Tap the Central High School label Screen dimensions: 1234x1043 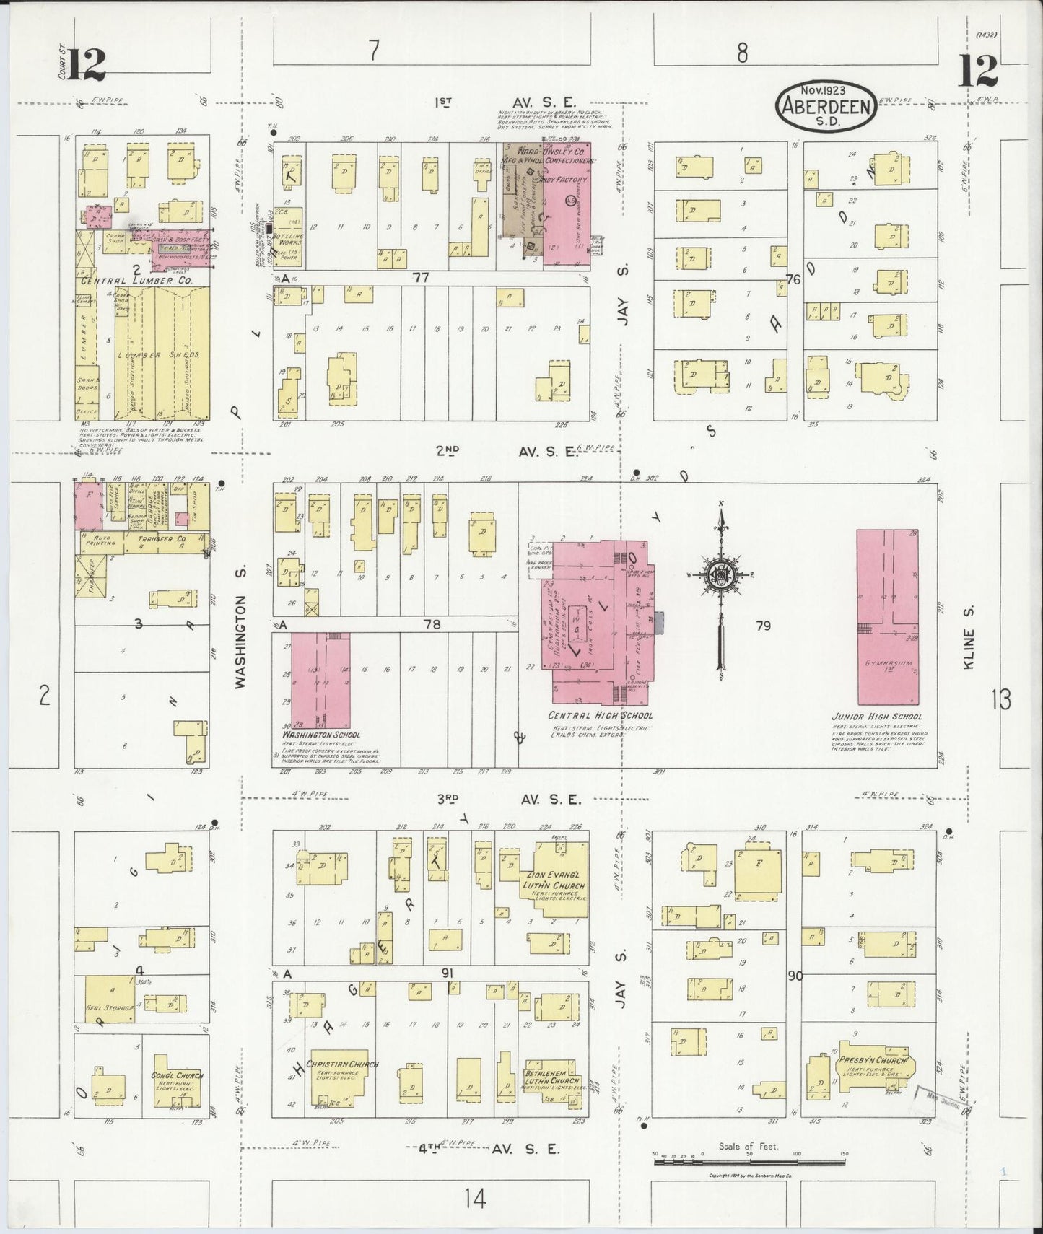pyautogui.click(x=601, y=716)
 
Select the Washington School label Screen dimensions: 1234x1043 pyautogui.click(x=316, y=735)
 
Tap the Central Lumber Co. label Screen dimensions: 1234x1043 pyautogui.click(x=136, y=281)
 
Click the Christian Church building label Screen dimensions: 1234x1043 pyautogui.click(x=343, y=1064)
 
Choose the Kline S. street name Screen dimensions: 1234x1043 pyautogui.click(x=969, y=648)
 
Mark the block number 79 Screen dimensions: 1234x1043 pyautogui.click(x=763, y=626)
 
